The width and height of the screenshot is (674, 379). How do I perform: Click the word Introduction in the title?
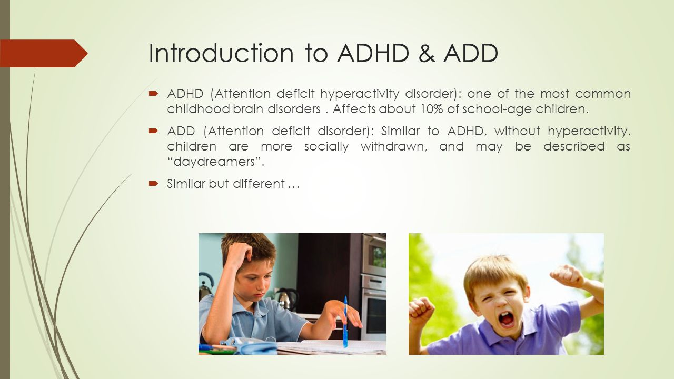221,53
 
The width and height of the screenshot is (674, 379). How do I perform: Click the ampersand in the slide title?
427,53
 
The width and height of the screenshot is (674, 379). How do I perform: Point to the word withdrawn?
394,146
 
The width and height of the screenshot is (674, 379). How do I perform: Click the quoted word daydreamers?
215,162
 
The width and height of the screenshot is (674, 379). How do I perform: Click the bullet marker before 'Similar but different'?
153,183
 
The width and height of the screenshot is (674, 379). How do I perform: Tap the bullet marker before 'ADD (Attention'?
153,131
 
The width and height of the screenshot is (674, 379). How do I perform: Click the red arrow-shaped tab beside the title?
44,53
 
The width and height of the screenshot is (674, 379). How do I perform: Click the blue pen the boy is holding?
345,321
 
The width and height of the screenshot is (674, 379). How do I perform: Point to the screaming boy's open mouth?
507,320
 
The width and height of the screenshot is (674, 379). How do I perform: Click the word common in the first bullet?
603,94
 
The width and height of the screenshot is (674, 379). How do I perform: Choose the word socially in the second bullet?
326,147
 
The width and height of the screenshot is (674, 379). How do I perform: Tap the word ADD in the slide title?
471,53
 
